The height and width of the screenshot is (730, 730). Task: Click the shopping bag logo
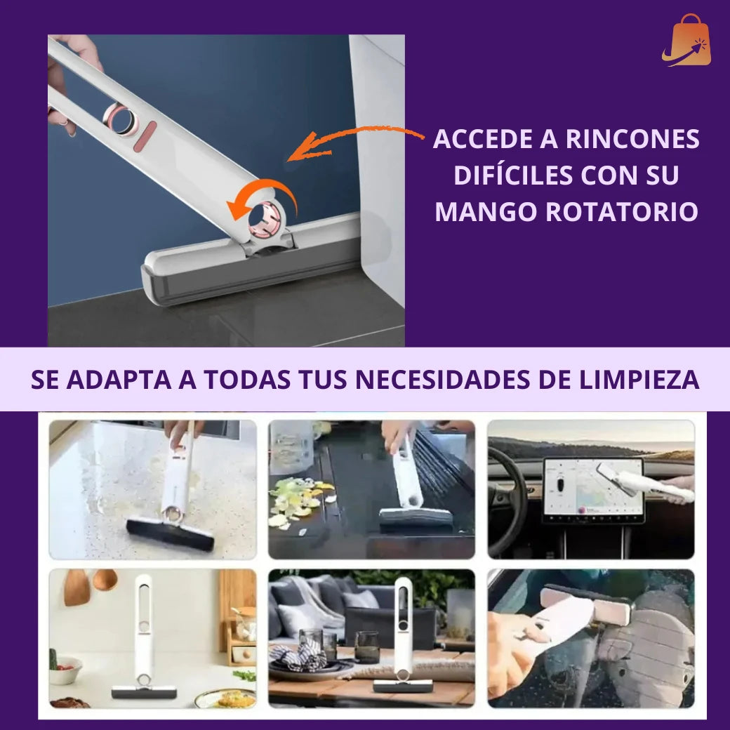coord(686,41)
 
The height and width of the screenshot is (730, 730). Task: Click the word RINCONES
coord(632,139)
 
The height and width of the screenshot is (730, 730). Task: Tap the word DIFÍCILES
coord(514,175)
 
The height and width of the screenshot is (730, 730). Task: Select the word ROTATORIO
coord(621,212)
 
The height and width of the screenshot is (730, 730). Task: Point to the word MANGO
coord(486,212)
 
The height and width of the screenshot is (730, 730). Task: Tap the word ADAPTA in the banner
coord(119,380)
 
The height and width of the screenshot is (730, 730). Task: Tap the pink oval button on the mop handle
coord(145,136)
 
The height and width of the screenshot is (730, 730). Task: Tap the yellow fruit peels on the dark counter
coord(298,503)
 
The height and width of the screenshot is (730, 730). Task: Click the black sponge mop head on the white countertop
coord(171,534)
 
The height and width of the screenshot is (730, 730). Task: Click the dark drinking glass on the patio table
coord(366,646)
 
